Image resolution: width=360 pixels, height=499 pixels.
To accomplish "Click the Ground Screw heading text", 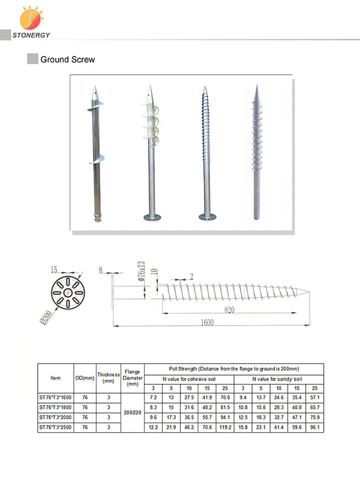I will [x=67, y=59].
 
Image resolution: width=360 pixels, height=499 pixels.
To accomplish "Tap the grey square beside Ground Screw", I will [x=32, y=59].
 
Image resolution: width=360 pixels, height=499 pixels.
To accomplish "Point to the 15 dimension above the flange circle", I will [x=54, y=269].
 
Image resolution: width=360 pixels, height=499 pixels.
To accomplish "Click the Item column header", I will [x=55, y=378].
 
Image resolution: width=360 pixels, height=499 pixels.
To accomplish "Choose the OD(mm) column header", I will [x=85, y=378].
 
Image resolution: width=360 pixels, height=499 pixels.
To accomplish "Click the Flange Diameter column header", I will [x=132, y=378].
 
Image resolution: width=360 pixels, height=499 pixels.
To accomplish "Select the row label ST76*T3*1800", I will [x=55, y=407].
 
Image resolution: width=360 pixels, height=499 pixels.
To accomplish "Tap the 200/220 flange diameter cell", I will [x=132, y=412].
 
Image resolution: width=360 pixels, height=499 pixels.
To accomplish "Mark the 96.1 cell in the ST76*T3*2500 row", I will [x=315, y=427].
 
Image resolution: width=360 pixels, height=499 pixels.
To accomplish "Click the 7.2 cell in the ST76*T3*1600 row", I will [x=153, y=397].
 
